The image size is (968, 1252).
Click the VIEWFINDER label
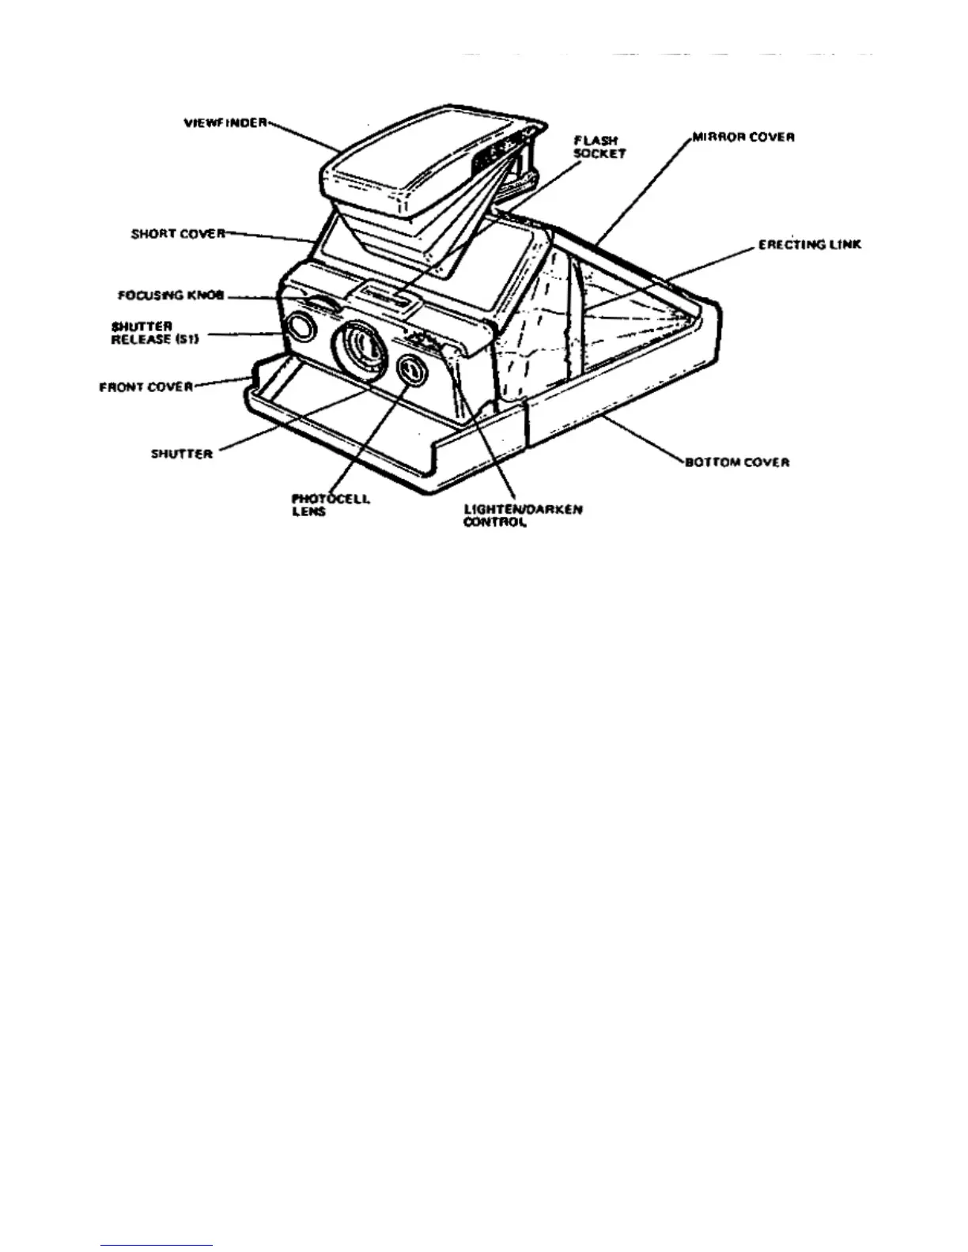pos(225,123)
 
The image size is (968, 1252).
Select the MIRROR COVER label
pos(743,137)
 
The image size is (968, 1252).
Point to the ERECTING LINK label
pos(809,245)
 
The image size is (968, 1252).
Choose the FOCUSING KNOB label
pos(171,296)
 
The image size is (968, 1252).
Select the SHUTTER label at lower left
pos(182,454)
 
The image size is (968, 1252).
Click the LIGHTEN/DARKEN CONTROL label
pos(523,515)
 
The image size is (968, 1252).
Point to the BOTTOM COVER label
pos(738,462)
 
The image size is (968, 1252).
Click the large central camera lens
pos(361,347)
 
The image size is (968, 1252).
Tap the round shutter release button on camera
pos(300,326)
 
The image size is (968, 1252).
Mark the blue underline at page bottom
pos(157,1245)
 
